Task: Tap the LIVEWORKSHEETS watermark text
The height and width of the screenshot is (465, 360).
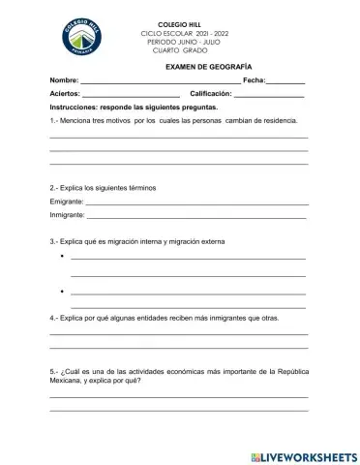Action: [309, 455]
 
